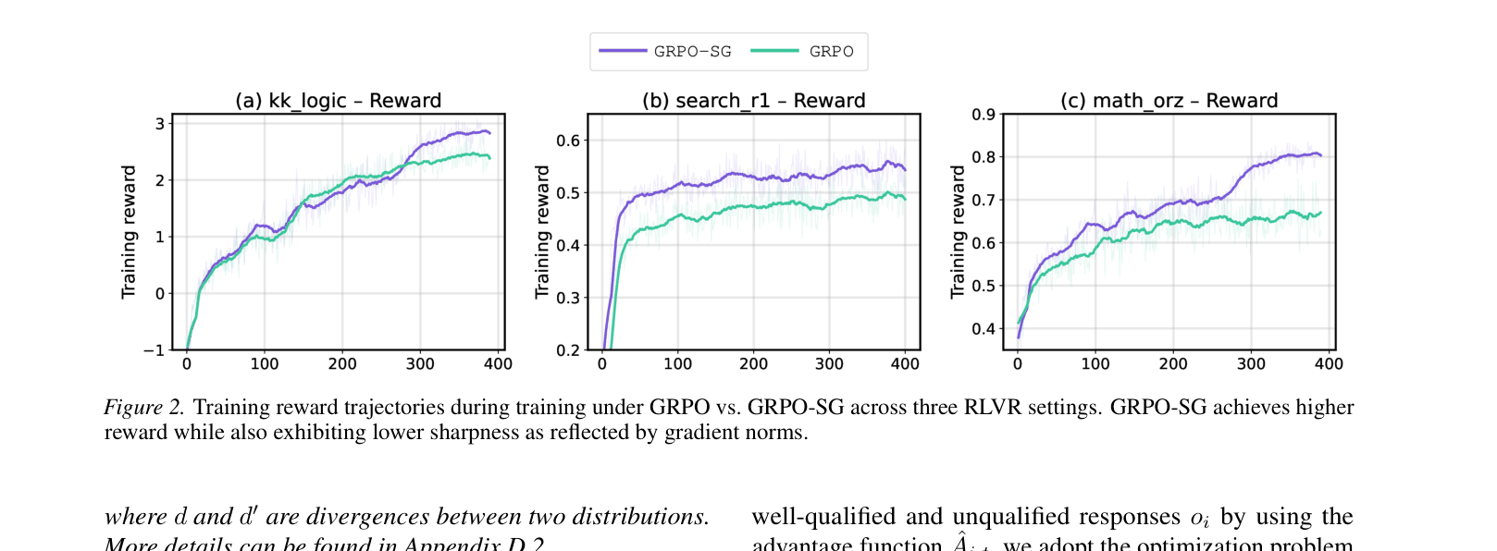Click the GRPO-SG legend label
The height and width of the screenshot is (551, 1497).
[692, 52]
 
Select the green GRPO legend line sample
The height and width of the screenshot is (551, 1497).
[773, 51]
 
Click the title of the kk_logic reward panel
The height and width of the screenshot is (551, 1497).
[338, 101]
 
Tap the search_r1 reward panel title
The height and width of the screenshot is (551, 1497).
[753, 101]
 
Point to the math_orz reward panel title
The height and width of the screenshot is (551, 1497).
[1169, 101]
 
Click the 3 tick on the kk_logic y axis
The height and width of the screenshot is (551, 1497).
[160, 124]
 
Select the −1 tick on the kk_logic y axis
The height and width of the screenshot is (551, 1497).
[155, 350]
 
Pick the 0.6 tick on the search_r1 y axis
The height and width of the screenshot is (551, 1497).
[568, 141]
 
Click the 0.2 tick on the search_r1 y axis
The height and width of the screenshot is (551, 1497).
[568, 350]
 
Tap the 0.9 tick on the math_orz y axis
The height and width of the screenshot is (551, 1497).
[984, 115]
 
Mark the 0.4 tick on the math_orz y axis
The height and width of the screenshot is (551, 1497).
[984, 329]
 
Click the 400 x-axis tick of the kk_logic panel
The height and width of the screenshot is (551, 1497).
[498, 364]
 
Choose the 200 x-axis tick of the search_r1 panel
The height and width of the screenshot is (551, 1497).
[753, 364]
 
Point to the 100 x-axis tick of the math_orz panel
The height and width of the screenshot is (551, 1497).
[1095, 364]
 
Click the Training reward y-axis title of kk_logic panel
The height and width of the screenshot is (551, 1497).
[129, 232]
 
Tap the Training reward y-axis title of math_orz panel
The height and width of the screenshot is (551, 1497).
[958, 232]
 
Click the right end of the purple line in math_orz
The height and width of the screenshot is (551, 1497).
[1320, 155]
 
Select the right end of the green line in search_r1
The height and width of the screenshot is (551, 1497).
[905, 199]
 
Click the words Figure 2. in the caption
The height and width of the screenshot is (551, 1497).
[144, 408]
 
